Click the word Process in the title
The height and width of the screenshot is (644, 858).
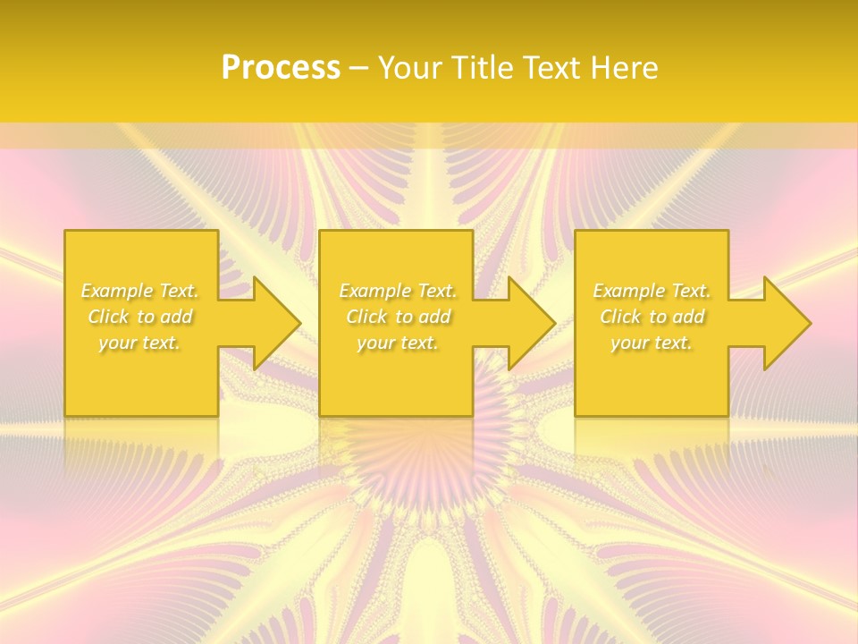click(281, 67)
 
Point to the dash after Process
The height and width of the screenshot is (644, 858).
click(359, 69)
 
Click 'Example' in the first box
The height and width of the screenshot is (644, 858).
click(116, 291)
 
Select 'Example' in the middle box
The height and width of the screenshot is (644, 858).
click(374, 291)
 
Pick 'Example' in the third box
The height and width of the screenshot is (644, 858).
click(627, 291)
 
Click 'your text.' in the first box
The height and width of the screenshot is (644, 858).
click(139, 343)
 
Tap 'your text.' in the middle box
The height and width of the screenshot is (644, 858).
click(397, 343)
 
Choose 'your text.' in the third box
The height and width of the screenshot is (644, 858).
click(651, 343)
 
